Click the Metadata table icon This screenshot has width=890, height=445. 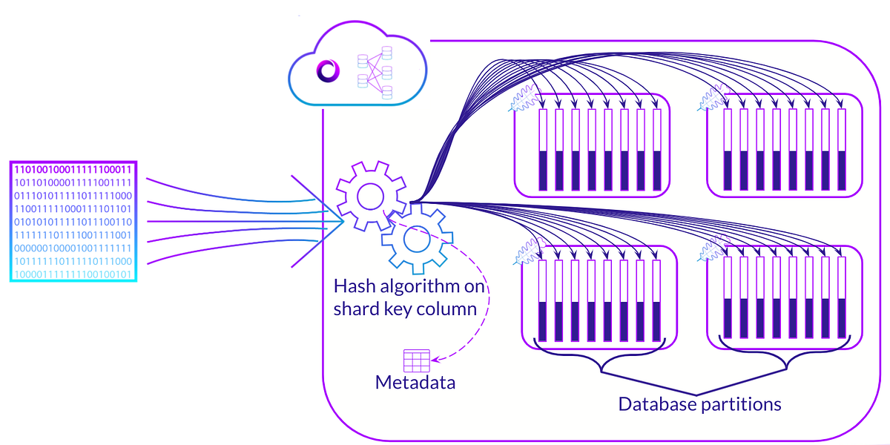[x=416, y=360]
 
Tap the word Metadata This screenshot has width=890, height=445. [x=415, y=383]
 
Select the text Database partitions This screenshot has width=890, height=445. [x=699, y=404]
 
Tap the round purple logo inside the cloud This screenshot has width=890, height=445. [x=327, y=71]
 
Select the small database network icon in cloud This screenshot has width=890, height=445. [x=375, y=72]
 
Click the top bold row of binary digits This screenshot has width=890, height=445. [x=73, y=169]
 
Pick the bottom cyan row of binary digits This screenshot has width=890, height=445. [x=73, y=274]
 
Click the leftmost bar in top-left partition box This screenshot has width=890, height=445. [x=543, y=150]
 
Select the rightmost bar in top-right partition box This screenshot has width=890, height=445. [x=842, y=150]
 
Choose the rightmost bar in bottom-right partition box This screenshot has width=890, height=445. [x=842, y=300]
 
